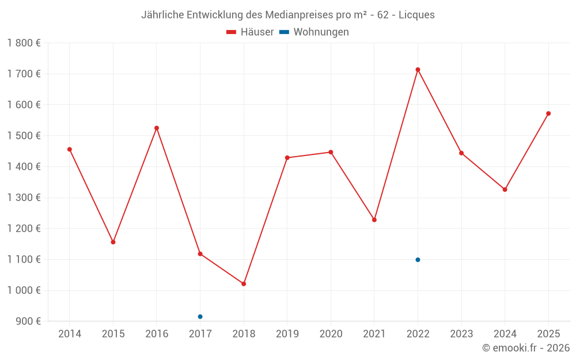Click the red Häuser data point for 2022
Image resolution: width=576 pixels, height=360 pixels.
click(418, 70)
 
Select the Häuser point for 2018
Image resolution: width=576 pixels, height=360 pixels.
click(244, 284)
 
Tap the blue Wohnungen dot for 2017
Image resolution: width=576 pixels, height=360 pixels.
click(200, 317)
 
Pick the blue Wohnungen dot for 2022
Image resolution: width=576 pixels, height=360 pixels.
click(418, 260)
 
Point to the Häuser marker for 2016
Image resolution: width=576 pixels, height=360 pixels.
click(157, 128)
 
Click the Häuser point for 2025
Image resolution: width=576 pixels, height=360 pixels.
click(548, 113)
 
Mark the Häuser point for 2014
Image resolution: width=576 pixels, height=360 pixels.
click(70, 149)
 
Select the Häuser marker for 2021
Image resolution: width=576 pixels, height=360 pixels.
click(374, 220)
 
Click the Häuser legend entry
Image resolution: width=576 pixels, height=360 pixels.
click(251, 32)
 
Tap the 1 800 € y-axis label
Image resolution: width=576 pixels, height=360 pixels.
click(24, 43)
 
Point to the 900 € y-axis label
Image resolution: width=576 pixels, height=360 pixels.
click(27, 321)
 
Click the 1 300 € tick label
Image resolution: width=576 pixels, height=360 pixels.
click(24, 198)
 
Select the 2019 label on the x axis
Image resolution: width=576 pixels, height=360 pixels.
click(287, 334)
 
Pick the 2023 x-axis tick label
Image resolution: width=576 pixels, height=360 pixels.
click(461, 334)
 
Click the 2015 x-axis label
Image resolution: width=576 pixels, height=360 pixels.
click(113, 334)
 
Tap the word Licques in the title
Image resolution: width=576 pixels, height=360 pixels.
click(415, 15)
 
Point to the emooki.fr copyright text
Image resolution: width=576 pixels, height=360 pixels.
click(525, 348)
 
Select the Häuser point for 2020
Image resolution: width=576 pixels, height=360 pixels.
click(331, 152)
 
